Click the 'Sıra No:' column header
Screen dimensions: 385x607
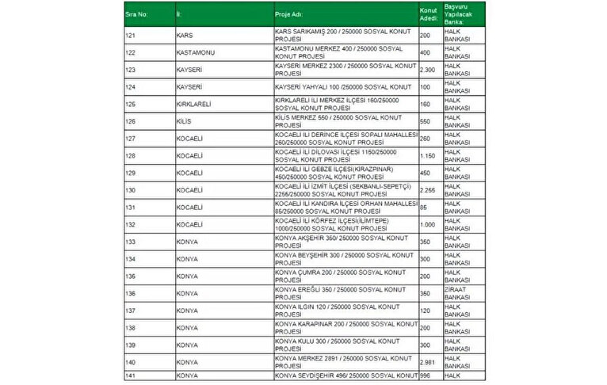click(x=137, y=14)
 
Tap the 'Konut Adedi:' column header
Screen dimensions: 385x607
click(x=427, y=14)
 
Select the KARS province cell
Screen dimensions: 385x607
click(x=184, y=36)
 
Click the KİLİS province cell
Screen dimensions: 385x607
click(x=184, y=121)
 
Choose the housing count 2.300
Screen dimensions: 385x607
click(x=427, y=70)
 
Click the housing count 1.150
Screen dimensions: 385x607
click(x=427, y=155)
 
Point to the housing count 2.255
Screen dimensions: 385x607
click(x=427, y=190)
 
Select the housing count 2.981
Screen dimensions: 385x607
click(x=427, y=361)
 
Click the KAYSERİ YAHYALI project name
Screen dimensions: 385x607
click(x=341, y=87)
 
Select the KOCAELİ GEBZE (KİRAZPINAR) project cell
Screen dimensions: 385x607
click(x=341, y=173)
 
